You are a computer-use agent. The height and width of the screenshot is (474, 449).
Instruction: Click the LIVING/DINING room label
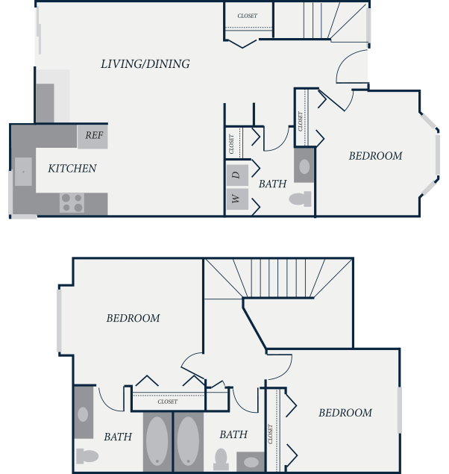click(145, 64)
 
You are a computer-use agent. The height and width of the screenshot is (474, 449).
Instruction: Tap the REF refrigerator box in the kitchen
click(92, 137)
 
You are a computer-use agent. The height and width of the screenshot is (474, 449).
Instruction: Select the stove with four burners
click(72, 203)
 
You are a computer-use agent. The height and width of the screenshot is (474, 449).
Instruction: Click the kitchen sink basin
click(23, 172)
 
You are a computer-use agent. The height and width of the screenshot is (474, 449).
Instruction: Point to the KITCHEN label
click(72, 169)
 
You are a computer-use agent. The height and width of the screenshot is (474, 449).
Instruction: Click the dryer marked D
click(237, 175)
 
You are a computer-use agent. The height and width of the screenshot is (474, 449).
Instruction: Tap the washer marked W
click(237, 199)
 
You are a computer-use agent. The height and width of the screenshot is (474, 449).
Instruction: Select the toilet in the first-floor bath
click(300, 199)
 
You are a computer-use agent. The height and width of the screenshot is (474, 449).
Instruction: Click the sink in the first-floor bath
click(304, 166)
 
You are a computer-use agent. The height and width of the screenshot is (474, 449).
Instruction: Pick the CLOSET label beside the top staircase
click(248, 16)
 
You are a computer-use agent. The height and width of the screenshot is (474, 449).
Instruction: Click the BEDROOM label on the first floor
click(375, 156)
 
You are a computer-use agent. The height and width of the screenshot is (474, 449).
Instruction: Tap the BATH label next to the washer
click(272, 184)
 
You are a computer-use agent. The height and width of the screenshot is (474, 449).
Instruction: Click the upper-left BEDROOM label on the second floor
click(133, 318)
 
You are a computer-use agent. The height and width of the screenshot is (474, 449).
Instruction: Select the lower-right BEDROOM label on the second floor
click(345, 413)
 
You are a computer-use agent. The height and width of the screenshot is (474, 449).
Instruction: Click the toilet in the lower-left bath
click(87, 456)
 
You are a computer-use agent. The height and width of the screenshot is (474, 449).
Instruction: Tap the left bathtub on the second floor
click(157, 440)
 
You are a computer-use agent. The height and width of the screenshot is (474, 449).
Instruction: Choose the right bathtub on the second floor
click(188, 440)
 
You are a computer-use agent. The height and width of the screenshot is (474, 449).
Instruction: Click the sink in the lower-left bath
click(83, 414)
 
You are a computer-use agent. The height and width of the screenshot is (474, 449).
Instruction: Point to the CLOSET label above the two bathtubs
click(168, 402)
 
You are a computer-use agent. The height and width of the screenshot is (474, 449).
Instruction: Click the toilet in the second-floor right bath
click(221, 459)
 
